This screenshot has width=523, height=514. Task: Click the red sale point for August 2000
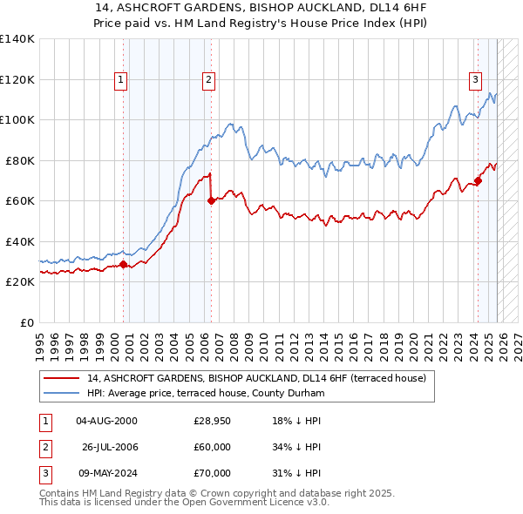[x=123, y=264]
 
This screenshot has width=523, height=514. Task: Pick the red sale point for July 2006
[x=211, y=200]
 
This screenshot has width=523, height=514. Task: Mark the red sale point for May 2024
[x=478, y=181]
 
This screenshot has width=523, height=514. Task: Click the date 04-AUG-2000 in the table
[x=106, y=421]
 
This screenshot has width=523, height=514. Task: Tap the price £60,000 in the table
[x=212, y=447]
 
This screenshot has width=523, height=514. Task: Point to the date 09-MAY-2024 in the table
[x=106, y=473]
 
